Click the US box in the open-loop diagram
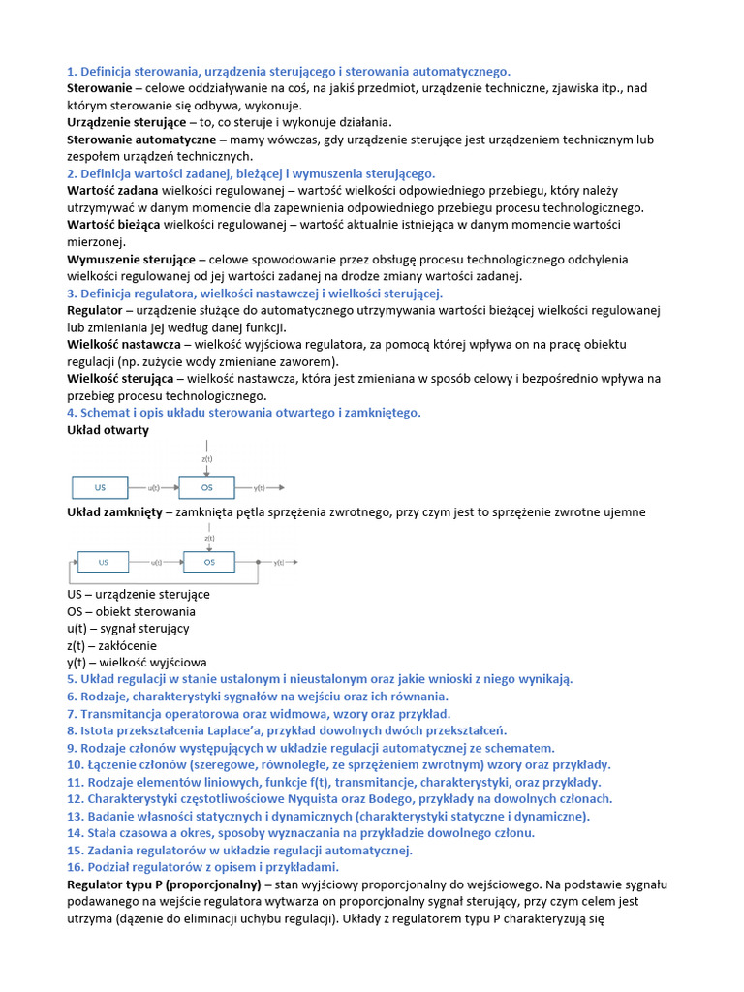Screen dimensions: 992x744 tap(101, 488)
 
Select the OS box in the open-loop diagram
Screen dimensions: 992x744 tap(207, 488)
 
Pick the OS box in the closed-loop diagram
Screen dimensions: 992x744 tap(207, 562)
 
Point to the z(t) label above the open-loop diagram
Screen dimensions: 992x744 tap(207, 458)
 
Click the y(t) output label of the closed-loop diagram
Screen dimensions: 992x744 tap(279, 563)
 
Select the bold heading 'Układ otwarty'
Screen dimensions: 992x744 tap(108, 430)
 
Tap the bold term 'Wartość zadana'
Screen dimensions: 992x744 tap(112, 191)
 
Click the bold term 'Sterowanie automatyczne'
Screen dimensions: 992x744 tap(140, 139)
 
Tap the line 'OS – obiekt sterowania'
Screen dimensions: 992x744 tap(131, 611)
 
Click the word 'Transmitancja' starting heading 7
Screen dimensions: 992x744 tap(119, 713)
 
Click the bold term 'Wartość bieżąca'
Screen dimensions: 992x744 tap(113, 225)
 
